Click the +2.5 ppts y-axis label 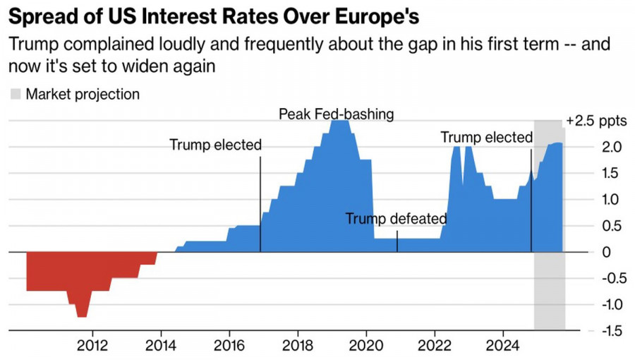coord(596,121)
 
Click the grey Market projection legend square coord(16,95)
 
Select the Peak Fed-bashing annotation coord(336,114)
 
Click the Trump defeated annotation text coord(396,219)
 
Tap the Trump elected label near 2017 coord(215,145)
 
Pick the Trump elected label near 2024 coord(486,138)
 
